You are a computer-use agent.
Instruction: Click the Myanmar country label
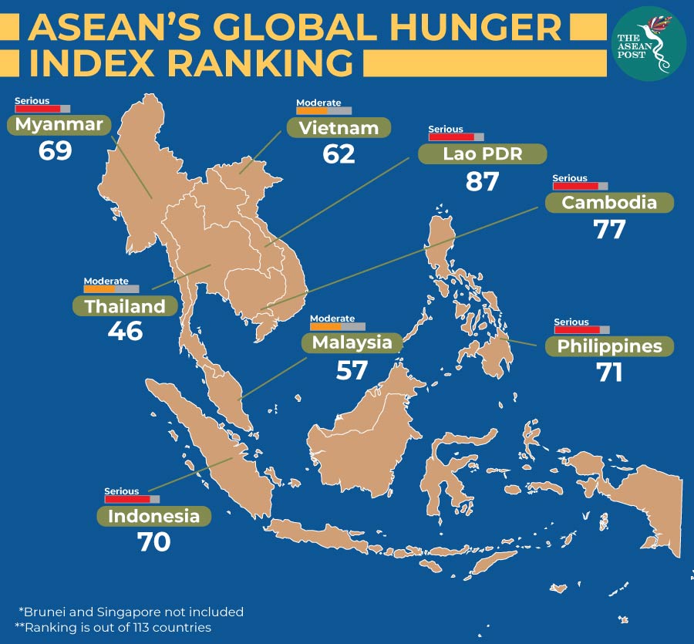pos(59,125)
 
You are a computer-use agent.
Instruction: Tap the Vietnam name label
pos(339,128)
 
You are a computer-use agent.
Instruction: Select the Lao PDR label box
pos(482,153)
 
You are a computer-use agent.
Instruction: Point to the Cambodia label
pos(609,203)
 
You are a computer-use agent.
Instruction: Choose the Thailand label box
pos(125,305)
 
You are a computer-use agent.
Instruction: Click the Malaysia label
pos(352,342)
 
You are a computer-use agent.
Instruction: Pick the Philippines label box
pos(609,346)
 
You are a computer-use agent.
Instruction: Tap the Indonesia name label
pos(153,516)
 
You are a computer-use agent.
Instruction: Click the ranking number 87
pos(483,181)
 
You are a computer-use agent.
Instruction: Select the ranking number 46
pos(125,332)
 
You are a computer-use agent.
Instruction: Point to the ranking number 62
pos(339,154)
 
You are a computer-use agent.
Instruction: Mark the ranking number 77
pos(609,229)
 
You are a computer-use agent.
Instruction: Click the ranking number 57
pos(352,370)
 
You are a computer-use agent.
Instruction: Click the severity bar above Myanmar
pos(42,110)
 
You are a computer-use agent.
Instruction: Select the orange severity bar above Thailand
pos(111,289)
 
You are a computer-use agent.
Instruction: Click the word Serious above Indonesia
pos(122,491)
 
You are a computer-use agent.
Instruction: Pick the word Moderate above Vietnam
pos(318,103)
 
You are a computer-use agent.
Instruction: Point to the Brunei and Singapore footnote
pos(130,612)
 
